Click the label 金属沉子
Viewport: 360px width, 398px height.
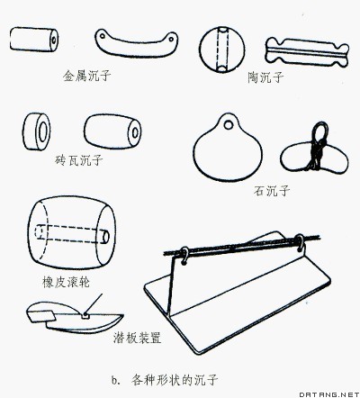[x=86, y=76]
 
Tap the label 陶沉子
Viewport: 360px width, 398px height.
[x=265, y=77]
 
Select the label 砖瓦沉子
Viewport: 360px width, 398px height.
[x=79, y=160]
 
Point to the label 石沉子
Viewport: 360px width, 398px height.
[x=272, y=190]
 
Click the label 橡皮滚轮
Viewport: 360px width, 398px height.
[x=66, y=282]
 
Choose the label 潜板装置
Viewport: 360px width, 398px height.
[x=138, y=338]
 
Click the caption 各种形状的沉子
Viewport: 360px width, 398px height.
[x=175, y=380]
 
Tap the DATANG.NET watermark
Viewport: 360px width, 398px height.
[x=329, y=393]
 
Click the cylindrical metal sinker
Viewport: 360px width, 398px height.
[x=34, y=40]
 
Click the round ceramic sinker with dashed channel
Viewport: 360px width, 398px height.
[x=222, y=50]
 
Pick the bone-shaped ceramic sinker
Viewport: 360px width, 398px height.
[x=307, y=53]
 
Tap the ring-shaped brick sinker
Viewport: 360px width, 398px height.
[x=37, y=131]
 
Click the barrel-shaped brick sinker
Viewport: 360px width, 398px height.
[x=112, y=131]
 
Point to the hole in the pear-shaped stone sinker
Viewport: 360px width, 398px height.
[x=229, y=124]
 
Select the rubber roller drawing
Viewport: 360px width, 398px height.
[x=72, y=233]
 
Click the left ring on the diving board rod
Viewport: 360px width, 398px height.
[x=184, y=256]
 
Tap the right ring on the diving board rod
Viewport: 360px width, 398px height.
[x=300, y=242]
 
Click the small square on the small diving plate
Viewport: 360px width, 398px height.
[x=85, y=315]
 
